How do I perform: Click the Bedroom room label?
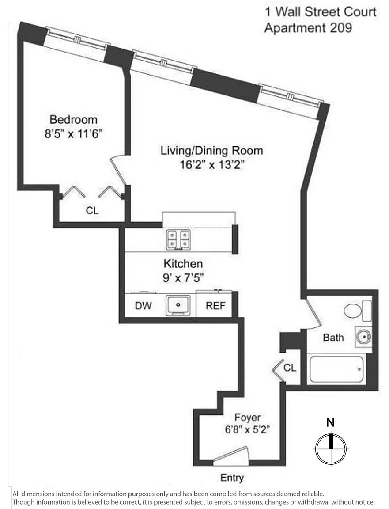(x=73, y=119)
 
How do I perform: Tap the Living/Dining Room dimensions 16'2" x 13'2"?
(x=211, y=165)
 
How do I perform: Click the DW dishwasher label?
(x=143, y=306)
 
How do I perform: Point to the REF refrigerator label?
(x=216, y=306)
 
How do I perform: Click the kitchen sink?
(x=178, y=305)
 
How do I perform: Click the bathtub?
(x=336, y=369)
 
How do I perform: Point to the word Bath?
(x=333, y=338)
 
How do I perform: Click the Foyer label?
(x=247, y=417)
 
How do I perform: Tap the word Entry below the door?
(x=232, y=478)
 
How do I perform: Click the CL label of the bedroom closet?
(x=92, y=211)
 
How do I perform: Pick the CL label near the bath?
(x=290, y=368)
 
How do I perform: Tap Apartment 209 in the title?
(x=308, y=27)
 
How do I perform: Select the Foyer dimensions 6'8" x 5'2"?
(x=247, y=429)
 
